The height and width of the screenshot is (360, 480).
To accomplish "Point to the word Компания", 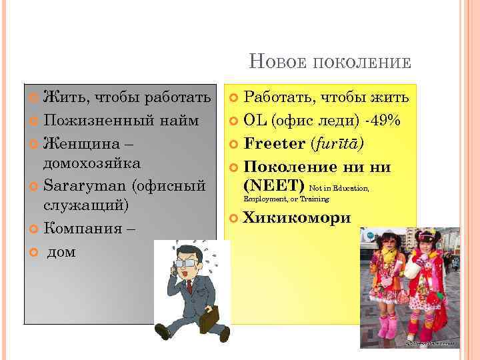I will [84, 229].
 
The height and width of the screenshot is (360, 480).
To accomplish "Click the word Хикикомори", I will [297, 218].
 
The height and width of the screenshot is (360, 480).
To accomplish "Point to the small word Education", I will [351, 189].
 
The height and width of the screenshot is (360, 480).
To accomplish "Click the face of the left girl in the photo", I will [387, 246].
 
